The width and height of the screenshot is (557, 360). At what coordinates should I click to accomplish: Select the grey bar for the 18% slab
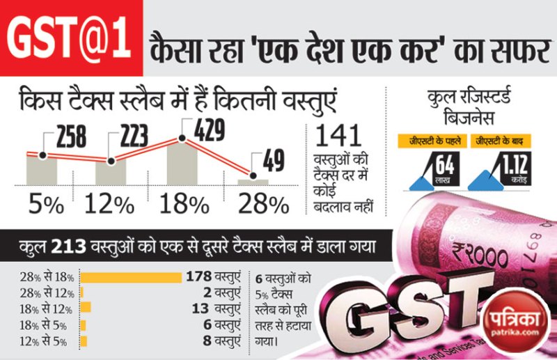[x=183, y=164]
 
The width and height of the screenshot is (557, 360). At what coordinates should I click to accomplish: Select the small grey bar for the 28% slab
[x=253, y=182]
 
